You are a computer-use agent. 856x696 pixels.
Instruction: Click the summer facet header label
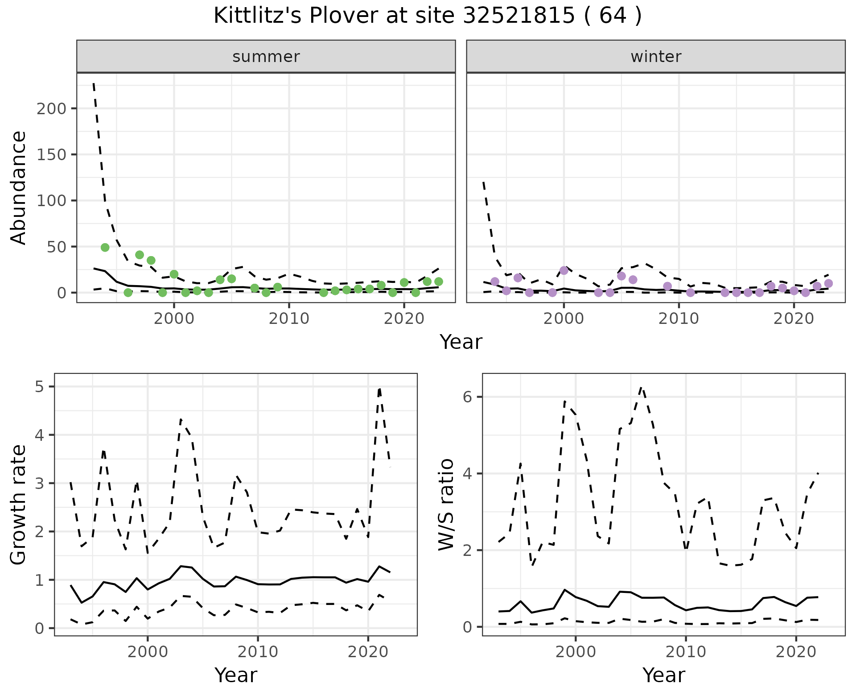(266, 57)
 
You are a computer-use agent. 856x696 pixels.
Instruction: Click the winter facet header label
(656, 57)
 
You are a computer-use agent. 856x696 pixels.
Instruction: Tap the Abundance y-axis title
(18, 188)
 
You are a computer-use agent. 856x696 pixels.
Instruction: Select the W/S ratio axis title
(446, 505)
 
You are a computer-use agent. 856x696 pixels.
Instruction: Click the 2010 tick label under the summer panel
(289, 319)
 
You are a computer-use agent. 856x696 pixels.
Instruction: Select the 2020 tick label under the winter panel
(794, 319)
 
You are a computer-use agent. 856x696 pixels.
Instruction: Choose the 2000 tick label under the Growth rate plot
(148, 652)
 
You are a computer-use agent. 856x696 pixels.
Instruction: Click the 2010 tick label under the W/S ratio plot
(686, 652)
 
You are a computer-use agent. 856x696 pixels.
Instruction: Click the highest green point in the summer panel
(105, 248)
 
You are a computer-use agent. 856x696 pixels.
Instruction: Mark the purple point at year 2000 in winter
(564, 270)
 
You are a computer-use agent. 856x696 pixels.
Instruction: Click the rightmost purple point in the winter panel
(828, 283)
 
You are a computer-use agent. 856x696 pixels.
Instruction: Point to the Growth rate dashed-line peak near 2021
(379, 389)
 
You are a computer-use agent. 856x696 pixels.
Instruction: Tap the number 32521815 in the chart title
(519, 17)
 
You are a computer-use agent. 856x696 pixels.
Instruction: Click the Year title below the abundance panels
(461, 342)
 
